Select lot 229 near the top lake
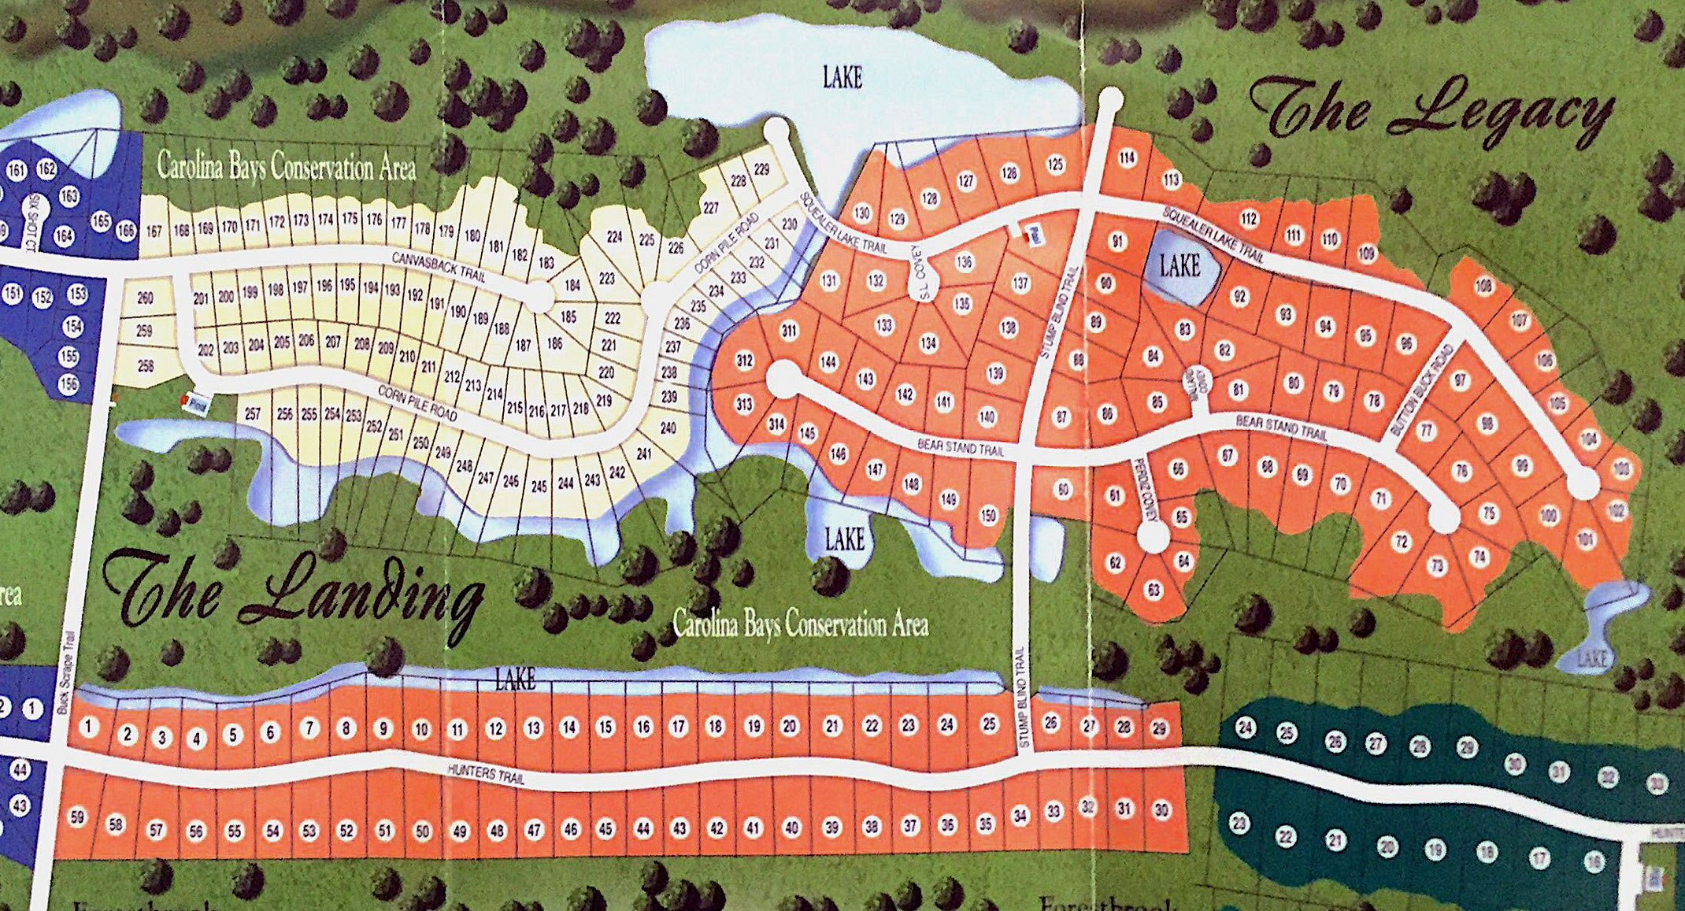(x=761, y=168)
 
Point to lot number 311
(x=789, y=331)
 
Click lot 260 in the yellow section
(x=145, y=298)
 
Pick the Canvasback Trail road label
(x=439, y=267)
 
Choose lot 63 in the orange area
(x=1154, y=590)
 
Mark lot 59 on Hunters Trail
(x=77, y=817)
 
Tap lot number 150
(x=987, y=516)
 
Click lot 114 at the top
(x=1127, y=157)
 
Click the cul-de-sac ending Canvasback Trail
(x=539, y=297)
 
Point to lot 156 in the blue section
(x=69, y=383)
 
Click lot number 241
(x=643, y=454)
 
